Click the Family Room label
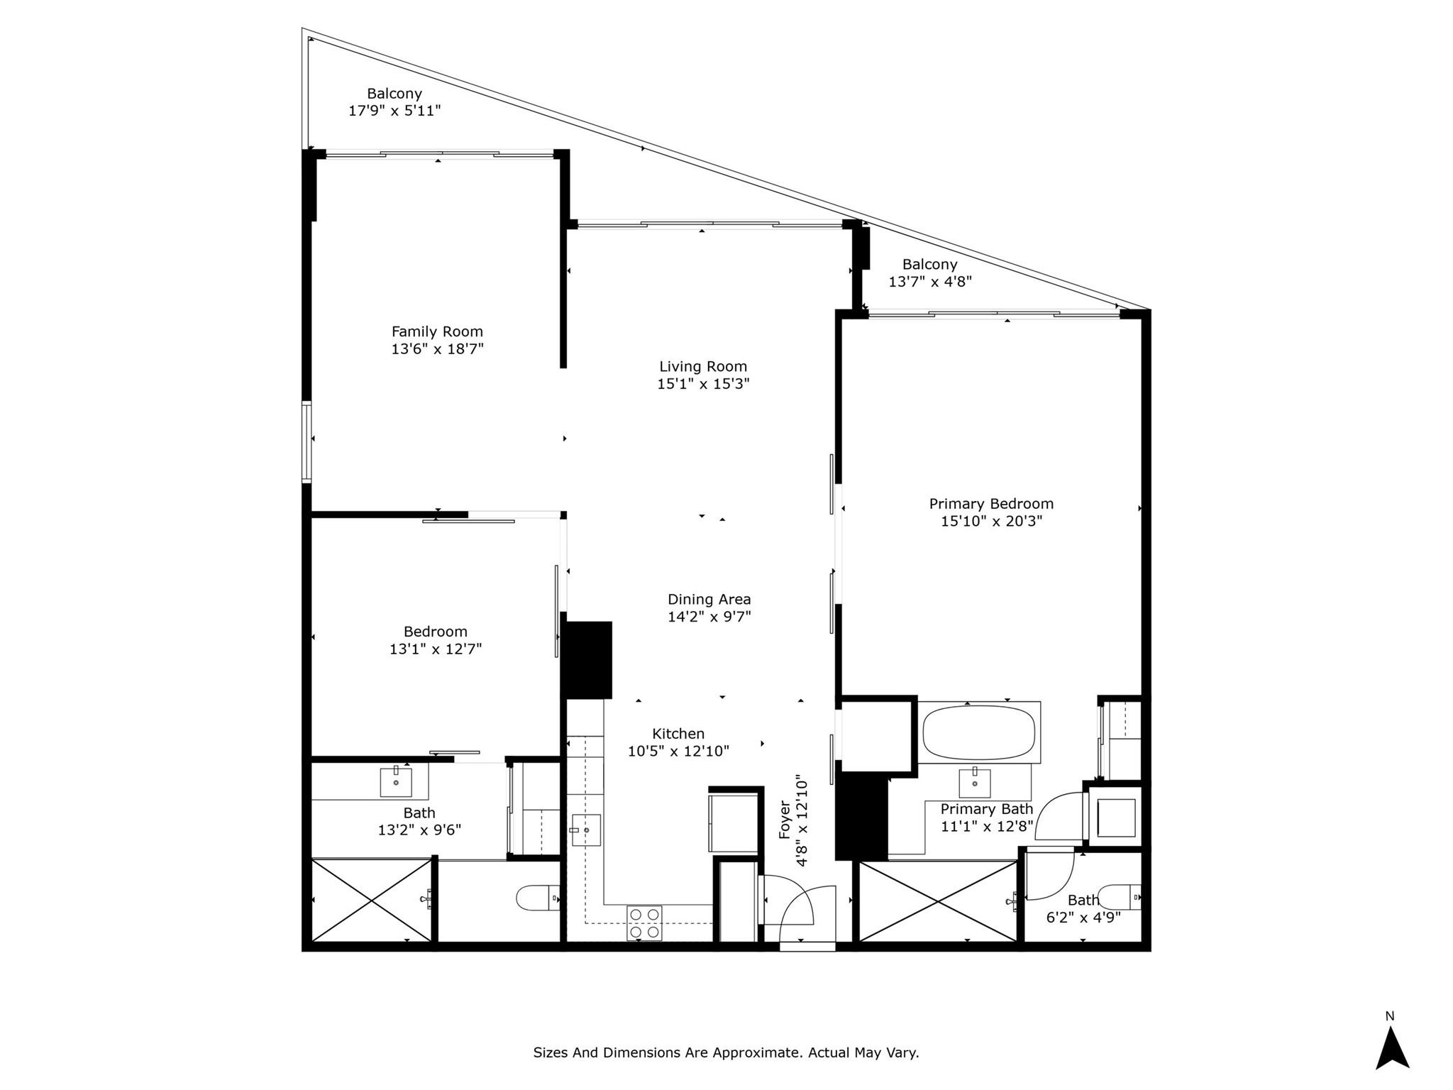(x=437, y=331)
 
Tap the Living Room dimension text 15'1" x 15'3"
(x=703, y=384)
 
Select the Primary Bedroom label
(x=991, y=504)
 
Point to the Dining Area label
(x=709, y=600)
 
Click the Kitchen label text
(x=678, y=734)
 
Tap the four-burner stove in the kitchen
(x=644, y=923)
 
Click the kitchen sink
(x=586, y=830)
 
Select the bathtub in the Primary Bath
(x=979, y=733)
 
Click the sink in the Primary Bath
(x=975, y=782)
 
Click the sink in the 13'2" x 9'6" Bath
(x=396, y=781)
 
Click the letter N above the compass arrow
(x=1390, y=1016)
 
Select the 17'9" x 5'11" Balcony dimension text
(x=394, y=111)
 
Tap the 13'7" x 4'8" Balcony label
(x=930, y=265)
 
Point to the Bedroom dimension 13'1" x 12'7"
(x=436, y=649)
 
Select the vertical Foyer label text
(x=785, y=820)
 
